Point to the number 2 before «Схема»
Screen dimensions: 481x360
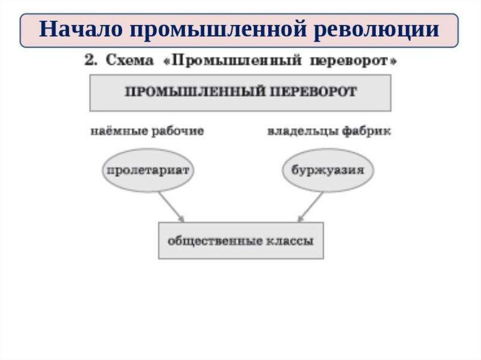click(x=89, y=61)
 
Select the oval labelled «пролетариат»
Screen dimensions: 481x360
click(x=148, y=170)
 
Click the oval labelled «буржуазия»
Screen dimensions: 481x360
click(x=327, y=170)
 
